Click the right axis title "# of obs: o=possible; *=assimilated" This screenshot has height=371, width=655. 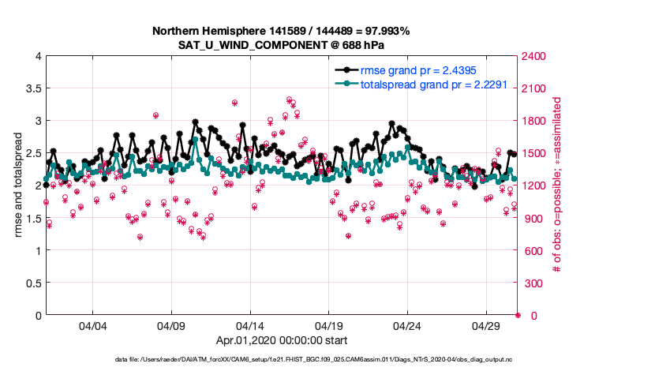[x=556, y=185]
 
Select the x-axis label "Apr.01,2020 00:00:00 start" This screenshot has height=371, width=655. [x=281, y=341]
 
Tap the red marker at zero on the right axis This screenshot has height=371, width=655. [x=518, y=316]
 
